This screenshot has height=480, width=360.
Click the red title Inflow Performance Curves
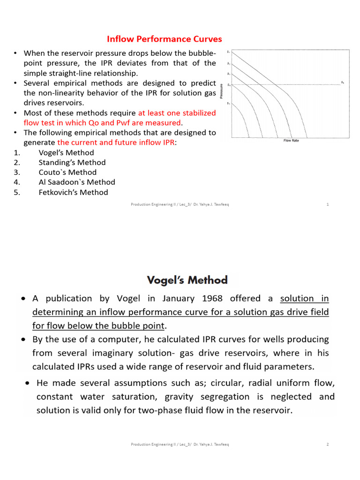(x=165, y=39)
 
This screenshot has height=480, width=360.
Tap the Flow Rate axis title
(x=291, y=141)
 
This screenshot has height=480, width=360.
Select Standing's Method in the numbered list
(x=72, y=163)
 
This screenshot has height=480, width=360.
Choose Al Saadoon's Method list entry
(x=77, y=182)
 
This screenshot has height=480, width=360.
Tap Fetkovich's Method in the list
(x=73, y=192)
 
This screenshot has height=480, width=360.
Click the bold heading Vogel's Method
(x=187, y=280)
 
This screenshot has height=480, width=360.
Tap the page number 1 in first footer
(x=327, y=204)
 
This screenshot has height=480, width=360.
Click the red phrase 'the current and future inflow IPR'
(x=116, y=142)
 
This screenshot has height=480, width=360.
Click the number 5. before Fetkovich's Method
(x=17, y=192)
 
